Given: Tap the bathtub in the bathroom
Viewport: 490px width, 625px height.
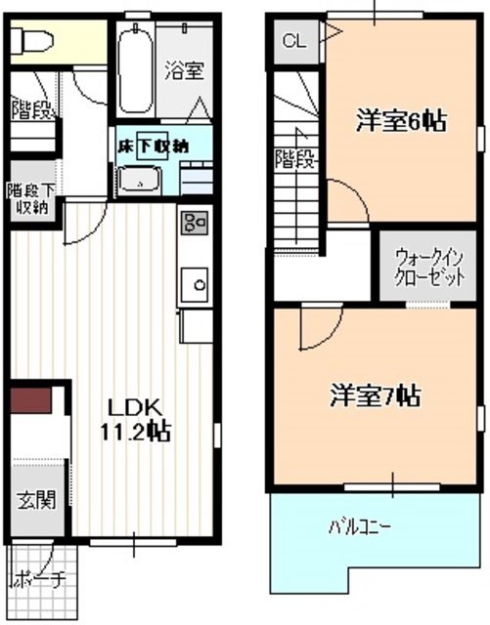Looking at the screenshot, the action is coord(136,69).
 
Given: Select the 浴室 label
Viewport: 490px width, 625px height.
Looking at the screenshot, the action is coord(185,70).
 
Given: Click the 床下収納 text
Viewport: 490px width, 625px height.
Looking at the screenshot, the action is coord(153,146).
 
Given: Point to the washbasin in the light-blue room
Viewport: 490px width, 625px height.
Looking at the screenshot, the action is coord(140,181).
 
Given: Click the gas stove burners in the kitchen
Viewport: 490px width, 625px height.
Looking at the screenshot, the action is coord(195,223).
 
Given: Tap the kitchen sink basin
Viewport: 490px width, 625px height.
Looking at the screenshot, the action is coord(195,284).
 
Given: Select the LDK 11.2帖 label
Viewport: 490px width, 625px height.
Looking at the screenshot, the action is coord(136,419).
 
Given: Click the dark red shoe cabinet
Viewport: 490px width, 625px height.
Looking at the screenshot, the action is coord(30,399).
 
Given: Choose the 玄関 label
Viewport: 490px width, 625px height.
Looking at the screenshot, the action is coord(36,499).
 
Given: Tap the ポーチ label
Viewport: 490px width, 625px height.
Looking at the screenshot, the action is coord(38,581).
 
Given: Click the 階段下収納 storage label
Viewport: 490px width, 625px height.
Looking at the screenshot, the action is coord(30,199).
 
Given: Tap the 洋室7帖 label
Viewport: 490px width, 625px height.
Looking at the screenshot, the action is coord(375,395).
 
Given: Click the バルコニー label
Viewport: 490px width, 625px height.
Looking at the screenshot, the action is coord(359,527).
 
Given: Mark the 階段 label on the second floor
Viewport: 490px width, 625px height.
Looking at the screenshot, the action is coord(296,158).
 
